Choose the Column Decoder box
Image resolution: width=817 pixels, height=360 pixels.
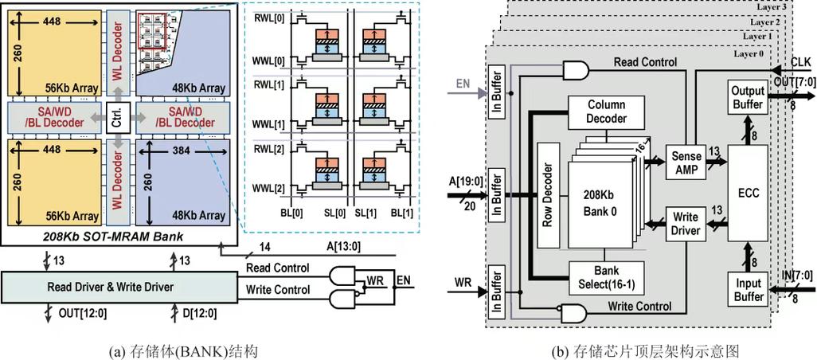pyautogui.click(x=607, y=112)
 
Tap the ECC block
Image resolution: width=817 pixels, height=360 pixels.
pyautogui.click(x=749, y=191)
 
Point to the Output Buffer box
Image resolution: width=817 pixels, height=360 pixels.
pyautogui.click(x=748, y=97)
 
